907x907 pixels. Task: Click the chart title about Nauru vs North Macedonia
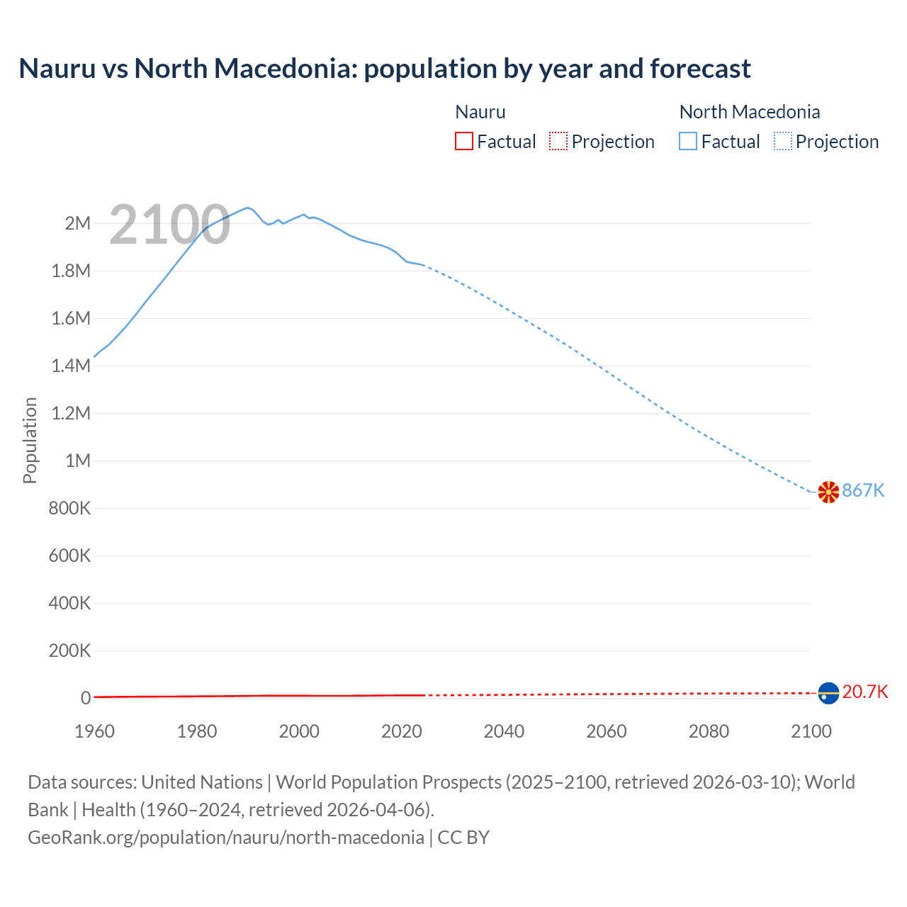click(x=384, y=69)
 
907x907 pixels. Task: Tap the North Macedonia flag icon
click(x=828, y=492)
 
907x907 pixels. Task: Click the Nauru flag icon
click(x=828, y=693)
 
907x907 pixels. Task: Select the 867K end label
click(x=863, y=490)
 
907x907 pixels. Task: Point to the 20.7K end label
click(x=864, y=692)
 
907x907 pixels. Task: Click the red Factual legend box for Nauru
click(x=464, y=142)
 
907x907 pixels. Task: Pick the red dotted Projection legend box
click(x=558, y=142)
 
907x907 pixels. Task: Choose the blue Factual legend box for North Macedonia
click(x=688, y=142)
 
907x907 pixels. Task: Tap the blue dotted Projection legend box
click(x=783, y=142)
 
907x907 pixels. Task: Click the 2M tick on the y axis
click(x=77, y=224)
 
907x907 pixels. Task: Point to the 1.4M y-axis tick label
click(x=71, y=366)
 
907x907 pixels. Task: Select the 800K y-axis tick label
click(x=69, y=509)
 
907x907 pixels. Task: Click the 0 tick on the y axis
click(x=86, y=698)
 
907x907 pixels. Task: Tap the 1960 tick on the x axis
click(x=94, y=731)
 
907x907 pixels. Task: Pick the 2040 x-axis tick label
click(x=504, y=731)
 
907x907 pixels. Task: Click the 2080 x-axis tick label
click(x=709, y=731)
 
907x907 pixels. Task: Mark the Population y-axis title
click(x=30, y=441)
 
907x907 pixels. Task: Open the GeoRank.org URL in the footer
click(x=225, y=838)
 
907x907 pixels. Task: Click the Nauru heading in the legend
click(x=480, y=112)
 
